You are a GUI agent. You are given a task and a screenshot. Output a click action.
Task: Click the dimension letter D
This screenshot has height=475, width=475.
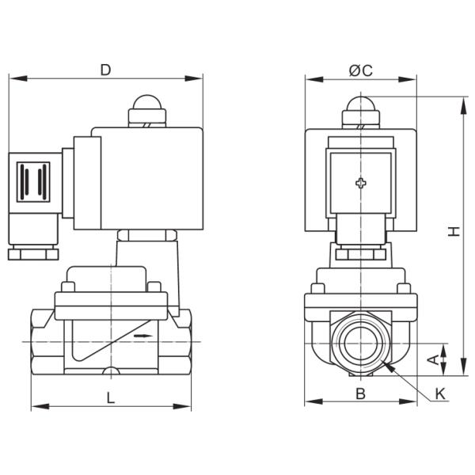[x=105, y=70]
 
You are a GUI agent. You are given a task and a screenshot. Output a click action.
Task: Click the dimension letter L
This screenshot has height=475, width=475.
[x=110, y=399]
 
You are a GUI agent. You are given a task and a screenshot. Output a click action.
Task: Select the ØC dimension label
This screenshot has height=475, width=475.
[x=361, y=70]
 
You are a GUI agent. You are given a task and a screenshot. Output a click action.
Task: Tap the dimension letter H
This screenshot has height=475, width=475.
[x=453, y=230]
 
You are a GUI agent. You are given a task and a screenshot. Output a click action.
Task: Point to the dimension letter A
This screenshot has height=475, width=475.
[x=431, y=359]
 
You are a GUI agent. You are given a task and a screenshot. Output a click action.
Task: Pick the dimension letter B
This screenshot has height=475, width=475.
[x=360, y=392]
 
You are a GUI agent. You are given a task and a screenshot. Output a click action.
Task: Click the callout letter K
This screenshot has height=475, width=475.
[x=441, y=392]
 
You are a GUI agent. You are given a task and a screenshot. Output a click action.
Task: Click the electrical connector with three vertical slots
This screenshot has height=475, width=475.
[x=33, y=184]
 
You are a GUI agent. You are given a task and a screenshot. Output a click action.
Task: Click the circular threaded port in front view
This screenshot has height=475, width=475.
[x=361, y=341]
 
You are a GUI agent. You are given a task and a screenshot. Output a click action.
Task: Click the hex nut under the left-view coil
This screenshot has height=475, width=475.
[x=146, y=235]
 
